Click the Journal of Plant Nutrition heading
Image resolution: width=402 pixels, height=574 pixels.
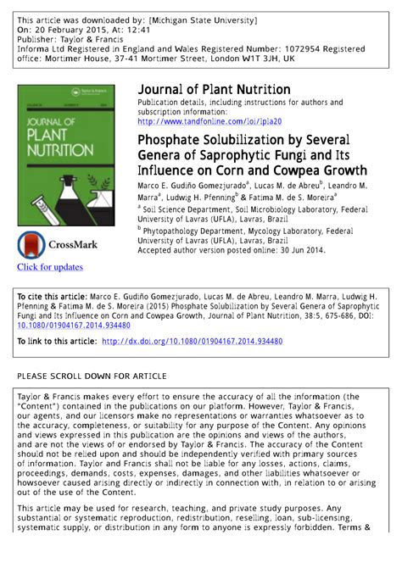click(214, 90)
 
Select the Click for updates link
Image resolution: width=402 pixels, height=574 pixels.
click(50, 267)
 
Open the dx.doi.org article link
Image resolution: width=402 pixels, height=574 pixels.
click(192, 342)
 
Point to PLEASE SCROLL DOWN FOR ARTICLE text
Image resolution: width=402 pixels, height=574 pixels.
click(92, 376)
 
